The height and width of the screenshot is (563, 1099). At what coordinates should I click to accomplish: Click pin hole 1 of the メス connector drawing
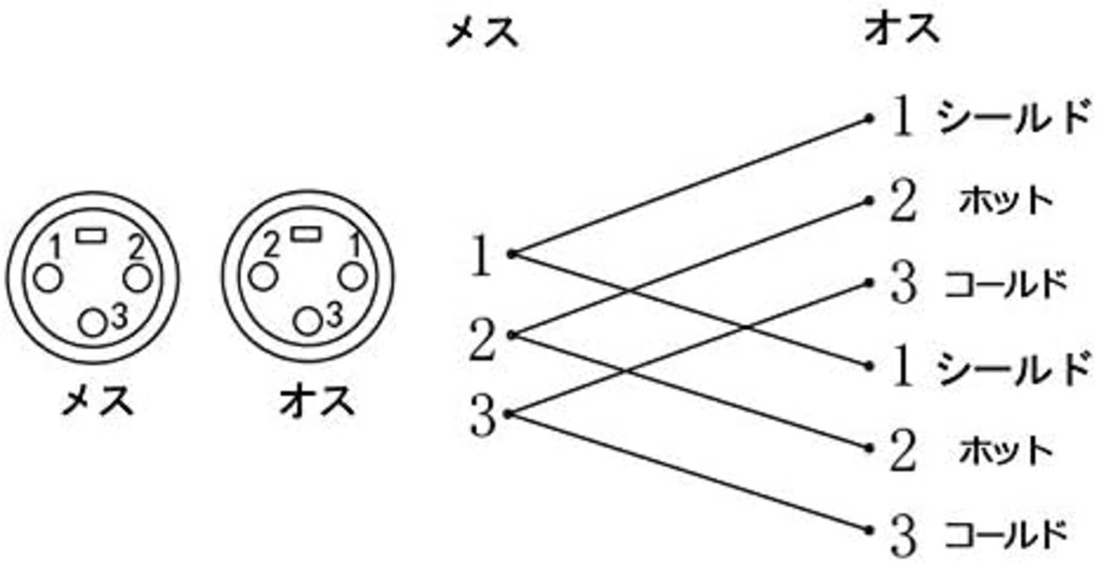pyautogui.click(x=49, y=278)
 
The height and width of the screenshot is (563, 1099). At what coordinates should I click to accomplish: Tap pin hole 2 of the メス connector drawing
pyautogui.click(x=137, y=278)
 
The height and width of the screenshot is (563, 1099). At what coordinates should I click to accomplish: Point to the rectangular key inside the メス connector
pyautogui.click(x=91, y=235)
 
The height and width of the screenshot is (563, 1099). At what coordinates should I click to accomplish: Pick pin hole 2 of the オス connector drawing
pyautogui.click(x=262, y=276)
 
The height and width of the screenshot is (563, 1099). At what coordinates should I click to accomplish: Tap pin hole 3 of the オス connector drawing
pyautogui.click(x=307, y=322)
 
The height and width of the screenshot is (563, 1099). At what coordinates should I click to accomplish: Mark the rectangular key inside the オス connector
pyautogui.click(x=305, y=233)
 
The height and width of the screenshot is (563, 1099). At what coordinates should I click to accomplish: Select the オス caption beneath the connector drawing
pyautogui.click(x=317, y=400)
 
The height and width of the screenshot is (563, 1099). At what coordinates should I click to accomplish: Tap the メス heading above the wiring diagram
pyautogui.click(x=482, y=31)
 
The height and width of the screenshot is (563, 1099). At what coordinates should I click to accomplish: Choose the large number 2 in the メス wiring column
pyautogui.click(x=483, y=340)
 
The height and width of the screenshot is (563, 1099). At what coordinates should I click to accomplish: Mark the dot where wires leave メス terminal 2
pyautogui.click(x=512, y=335)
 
